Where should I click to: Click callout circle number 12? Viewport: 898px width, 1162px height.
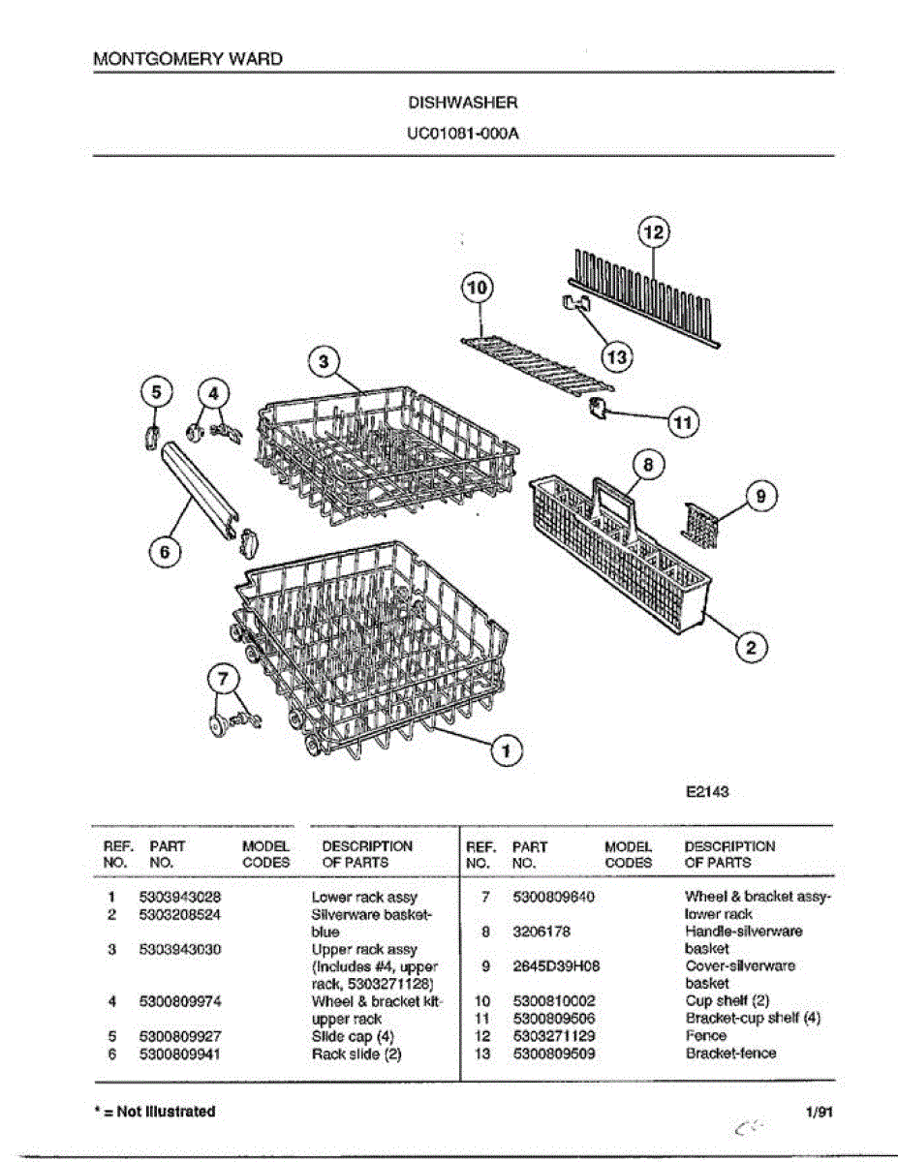coord(655,233)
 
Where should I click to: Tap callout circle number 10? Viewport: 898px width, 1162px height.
coord(477,289)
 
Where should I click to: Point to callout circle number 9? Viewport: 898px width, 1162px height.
coord(760,497)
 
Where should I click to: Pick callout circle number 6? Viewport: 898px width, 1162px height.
coord(165,551)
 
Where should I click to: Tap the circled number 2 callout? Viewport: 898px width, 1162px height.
coord(750,647)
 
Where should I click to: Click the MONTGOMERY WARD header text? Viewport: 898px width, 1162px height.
coord(188,58)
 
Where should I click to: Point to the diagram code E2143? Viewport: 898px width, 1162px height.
coord(706,791)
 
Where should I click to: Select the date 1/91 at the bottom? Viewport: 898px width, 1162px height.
coord(819,1112)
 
